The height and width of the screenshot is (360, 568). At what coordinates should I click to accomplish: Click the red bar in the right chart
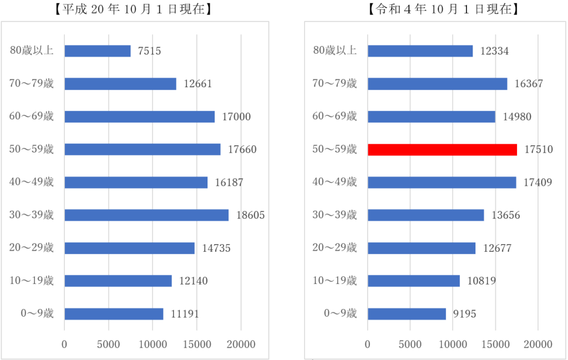(x=442, y=150)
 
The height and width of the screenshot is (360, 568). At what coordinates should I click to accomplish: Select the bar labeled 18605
(x=146, y=215)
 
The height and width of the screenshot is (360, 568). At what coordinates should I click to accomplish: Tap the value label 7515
(x=150, y=51)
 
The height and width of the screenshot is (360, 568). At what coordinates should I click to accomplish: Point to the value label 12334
(x=495, y=51)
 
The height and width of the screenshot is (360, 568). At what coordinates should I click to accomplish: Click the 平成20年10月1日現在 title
(x=134, y=9)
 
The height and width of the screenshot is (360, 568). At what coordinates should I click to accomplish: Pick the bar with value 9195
(x=407, y=314)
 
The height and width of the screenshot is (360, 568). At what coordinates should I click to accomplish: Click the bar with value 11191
(x=114, y=314)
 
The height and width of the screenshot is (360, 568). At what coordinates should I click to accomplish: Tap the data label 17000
(x=236, y=117)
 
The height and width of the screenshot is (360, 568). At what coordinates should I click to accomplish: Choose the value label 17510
(x=539, y=150)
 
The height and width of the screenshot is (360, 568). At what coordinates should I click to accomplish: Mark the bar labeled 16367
(x=437, y=84)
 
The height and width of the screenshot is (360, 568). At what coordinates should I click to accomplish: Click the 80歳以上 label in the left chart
(x=32, y=51)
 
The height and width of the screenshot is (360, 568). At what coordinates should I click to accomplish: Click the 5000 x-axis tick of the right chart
(x=410, y=344)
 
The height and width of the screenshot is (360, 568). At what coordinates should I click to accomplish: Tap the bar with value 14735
(x=129, y=248)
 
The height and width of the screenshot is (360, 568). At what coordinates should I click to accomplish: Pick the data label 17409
(x=538, y=182)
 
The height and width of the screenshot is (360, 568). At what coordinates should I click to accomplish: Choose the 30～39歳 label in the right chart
(x=335, y=215)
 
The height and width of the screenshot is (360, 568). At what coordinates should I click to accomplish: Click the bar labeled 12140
(x=118, y=281)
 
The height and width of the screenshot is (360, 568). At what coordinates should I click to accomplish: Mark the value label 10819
(x=481, y=281)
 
